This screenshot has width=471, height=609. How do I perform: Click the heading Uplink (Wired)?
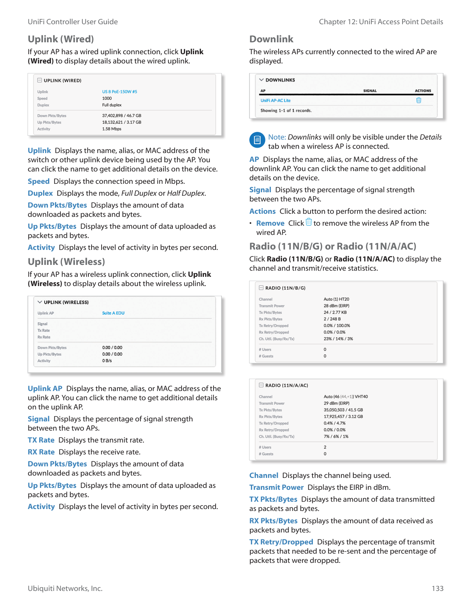point(61,39)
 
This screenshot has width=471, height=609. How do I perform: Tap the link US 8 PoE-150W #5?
point(119,92)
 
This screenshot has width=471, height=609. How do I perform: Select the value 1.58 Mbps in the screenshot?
point(112,129)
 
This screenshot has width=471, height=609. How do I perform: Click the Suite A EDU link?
point(113,313)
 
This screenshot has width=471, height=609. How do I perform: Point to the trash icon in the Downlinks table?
point(419,100)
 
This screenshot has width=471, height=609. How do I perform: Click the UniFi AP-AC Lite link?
point(276,101)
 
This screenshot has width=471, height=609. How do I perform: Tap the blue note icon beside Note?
point(257,140)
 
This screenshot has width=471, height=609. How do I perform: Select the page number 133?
point(438,589)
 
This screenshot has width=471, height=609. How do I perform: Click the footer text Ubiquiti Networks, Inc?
point(65,589)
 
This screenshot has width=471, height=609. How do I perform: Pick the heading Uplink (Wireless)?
point(66,262)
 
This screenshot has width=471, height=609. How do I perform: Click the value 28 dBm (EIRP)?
point(336,306)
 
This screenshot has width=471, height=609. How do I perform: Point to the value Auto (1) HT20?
point(336,300)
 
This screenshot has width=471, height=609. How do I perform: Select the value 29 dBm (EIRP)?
point(336,404)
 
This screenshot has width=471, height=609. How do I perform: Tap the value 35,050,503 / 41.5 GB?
point(343,410)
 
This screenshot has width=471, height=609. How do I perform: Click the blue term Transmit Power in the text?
point(276,488)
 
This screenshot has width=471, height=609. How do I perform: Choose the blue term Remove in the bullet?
point(270,223)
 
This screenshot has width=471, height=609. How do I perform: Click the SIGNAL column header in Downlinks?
point(370,91)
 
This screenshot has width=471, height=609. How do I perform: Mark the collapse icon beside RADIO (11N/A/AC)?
point(261,385)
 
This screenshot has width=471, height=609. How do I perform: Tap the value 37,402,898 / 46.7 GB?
point(122,116)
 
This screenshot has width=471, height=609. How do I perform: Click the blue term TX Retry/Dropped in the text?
point(281,542)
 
